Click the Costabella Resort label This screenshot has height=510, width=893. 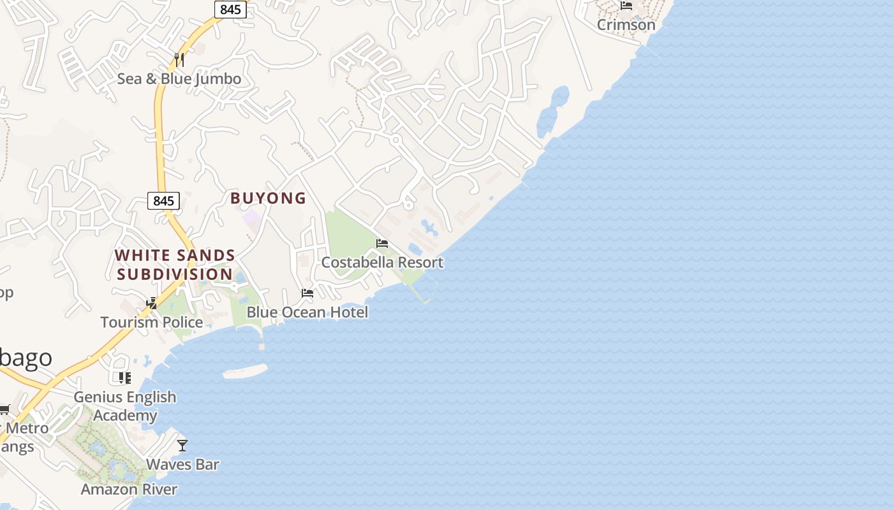(x=382, y=262)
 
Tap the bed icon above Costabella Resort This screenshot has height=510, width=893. (x=382, y=244)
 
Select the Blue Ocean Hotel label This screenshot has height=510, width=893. (x=307, y=312)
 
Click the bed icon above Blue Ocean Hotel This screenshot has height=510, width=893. (x=307, y=293)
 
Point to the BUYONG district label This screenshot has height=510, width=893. (x=269, y=198)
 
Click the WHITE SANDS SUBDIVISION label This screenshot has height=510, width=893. (x=175, y=265)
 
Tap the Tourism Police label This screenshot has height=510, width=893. (x=152, y=322)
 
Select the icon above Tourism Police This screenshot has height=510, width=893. (x=152, y=303)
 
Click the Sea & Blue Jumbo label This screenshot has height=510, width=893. (x=179, y=78)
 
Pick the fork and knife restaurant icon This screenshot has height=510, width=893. (x=179, y=60)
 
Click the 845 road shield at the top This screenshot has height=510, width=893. (x=230, y=10)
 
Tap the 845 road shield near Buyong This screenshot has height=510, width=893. (x=164, y=201)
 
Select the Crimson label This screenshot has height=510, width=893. (x=626, y=24)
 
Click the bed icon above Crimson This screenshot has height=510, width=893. (x=626, y=6)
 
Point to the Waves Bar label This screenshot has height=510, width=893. (x=182, y=464)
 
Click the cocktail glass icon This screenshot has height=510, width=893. (x=182, y=445)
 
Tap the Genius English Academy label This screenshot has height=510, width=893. (x=125, y=405)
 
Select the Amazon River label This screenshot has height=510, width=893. (x=129, y=489)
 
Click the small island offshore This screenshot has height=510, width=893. (x=245, y=372)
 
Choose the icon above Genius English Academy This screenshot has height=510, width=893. (x=125, y=378)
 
